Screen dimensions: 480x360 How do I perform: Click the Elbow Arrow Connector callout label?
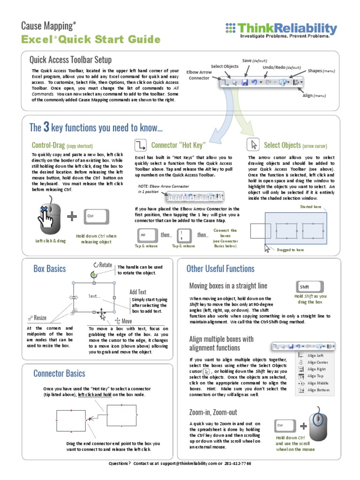point(199,75)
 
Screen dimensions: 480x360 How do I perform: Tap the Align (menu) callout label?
point(313,96)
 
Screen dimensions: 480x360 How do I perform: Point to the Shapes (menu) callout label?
point(321,71)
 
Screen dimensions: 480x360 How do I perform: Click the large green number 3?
point(46,127)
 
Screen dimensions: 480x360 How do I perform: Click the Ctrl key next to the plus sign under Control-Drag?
point(97,216)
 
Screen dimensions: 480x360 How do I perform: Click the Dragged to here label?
point(291,250)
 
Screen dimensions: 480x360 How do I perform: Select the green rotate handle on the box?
point(94,274)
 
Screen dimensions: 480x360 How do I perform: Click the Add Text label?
point(138,292)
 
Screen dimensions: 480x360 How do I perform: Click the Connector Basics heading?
point(59,373)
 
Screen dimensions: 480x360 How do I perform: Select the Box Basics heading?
point(50,269)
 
